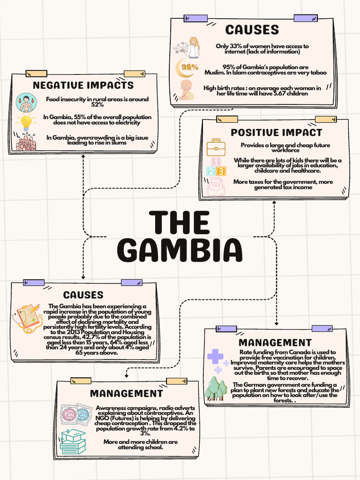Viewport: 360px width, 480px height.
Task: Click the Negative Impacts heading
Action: coord(83,85)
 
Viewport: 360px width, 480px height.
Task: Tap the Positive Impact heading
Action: coord(277,133)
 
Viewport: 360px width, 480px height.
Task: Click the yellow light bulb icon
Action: coord(26,123)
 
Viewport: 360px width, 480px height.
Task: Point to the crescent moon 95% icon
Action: coord(187,67)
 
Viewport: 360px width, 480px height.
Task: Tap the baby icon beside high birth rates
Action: coord(186,90)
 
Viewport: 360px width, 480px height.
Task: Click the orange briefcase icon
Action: coord(216,147)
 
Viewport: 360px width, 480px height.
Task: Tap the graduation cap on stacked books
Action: coord(73,441)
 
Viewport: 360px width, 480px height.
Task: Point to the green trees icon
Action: coord(216,389)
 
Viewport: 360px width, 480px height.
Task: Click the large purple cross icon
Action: coord(216,357)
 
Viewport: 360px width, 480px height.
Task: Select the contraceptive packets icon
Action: coord(76,414)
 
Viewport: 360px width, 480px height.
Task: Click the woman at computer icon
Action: coord(188,47)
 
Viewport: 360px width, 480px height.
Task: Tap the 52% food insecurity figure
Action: coord(97,105)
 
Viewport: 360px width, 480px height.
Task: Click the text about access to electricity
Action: coord(97,120)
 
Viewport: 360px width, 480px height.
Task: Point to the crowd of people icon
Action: coord(26,142)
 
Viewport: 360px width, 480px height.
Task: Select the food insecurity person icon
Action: coord(26,103)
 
